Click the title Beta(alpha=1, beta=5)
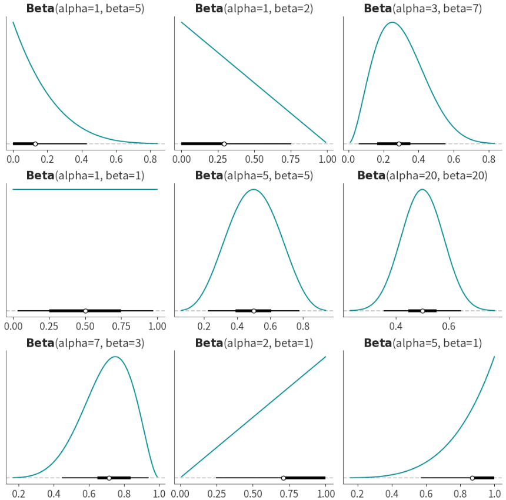click(85, 8)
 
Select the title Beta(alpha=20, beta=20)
click(422, 175)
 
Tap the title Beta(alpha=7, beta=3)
click(85, 343)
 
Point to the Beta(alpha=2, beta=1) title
click(254, 343)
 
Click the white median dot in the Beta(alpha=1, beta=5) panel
click(35, 143)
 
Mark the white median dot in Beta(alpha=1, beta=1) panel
click(85, 311)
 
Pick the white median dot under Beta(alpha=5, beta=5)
click(254, 311)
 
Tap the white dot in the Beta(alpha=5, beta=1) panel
click(472, 478)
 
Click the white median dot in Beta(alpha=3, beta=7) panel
click(399, 143)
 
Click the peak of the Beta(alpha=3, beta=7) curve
click(391, 22)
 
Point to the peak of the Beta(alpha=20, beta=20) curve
click(422, 189)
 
